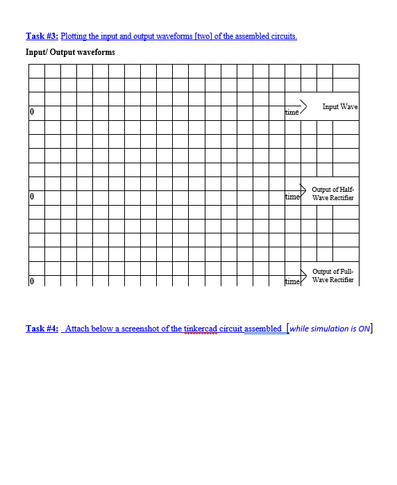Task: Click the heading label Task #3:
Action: [42, 36]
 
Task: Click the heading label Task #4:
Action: [42, 329]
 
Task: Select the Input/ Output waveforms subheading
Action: [70, 52]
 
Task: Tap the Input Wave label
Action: [340, 106]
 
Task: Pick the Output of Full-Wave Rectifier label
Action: [333, 276]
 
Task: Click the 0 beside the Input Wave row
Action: [32, 112]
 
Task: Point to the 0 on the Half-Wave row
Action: [32, 198]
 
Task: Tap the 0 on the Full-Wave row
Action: [32, 281]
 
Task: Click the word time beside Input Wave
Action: [292, 112]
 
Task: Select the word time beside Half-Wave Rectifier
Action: [293, 198]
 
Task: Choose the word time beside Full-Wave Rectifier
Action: [293, 281]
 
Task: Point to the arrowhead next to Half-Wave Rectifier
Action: [303, 188]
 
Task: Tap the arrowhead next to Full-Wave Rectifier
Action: [303, 272]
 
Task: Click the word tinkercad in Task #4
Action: [201, 329]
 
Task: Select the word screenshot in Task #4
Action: [145, 329]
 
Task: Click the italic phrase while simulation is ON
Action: [330, 329]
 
